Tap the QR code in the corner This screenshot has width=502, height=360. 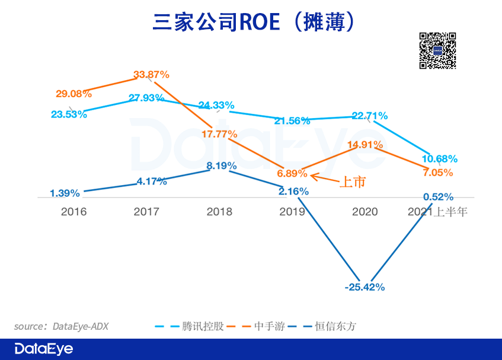coord(438,51)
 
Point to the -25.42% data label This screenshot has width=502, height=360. coord(364,287)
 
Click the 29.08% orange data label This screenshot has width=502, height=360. coord(73,94)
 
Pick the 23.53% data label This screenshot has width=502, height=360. coord(69,114)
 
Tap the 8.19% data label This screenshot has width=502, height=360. coord(221,165)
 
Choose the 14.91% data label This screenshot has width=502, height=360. coord(365,144)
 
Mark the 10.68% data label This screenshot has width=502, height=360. coord(440,158)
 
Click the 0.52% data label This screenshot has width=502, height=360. coord(439,196)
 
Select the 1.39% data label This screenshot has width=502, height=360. coord(65,193)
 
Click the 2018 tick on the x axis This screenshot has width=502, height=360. coord(219,212)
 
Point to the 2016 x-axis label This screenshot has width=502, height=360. coord(73,212)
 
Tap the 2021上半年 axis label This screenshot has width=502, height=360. coord(438,212)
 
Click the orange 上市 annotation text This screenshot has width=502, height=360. coord(352,182)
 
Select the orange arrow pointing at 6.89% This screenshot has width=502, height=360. coord(324,176)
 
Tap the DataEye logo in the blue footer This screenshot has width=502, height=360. coord(44,349)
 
